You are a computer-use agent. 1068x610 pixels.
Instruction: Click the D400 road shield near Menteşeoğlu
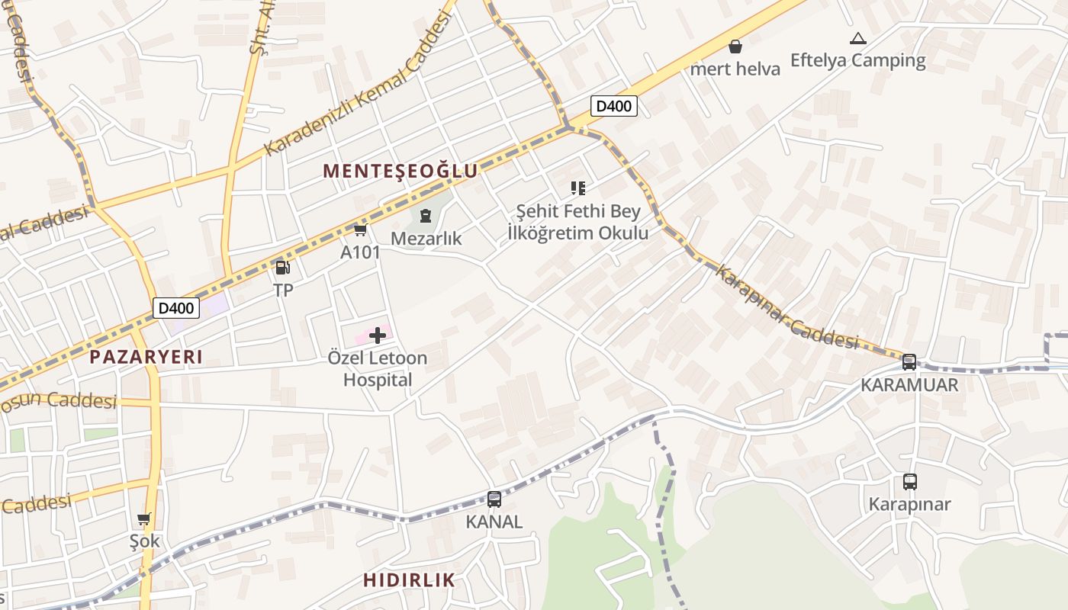[x=613, y=106]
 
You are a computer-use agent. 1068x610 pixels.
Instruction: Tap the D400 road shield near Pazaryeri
[x=176, y=308]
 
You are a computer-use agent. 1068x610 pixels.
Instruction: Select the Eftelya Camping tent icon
[x=857, y=38]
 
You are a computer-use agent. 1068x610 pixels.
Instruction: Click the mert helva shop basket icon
[x=735, y=47]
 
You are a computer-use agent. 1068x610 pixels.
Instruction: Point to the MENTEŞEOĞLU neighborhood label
[x=400, y=171]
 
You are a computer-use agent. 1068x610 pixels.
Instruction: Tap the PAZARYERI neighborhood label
[x=146, y=357]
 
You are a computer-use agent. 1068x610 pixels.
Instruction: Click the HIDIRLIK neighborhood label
[x=409, y=579]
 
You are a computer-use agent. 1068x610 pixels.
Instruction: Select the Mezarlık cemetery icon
[x=426, y=217]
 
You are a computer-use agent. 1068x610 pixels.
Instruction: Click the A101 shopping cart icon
[x=360, y=230]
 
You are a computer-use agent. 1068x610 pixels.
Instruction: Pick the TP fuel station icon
[x=282, y=267]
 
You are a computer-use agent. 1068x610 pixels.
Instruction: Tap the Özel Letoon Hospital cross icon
[x=377, y=335]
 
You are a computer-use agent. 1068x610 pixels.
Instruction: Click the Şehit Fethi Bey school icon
[x=577, y=188]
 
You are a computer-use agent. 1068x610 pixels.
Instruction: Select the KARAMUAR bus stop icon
[x=909, y=362]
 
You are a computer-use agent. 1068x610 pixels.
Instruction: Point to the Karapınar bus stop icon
[x=909, y=482]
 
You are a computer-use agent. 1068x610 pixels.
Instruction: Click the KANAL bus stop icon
[x=494, y=499]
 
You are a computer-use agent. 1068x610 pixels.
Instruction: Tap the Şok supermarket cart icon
[x=144, y=519]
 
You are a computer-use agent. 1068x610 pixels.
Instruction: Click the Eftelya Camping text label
[x=857, y=60]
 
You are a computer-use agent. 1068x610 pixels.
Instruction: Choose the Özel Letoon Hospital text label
[x=377, y=368]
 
